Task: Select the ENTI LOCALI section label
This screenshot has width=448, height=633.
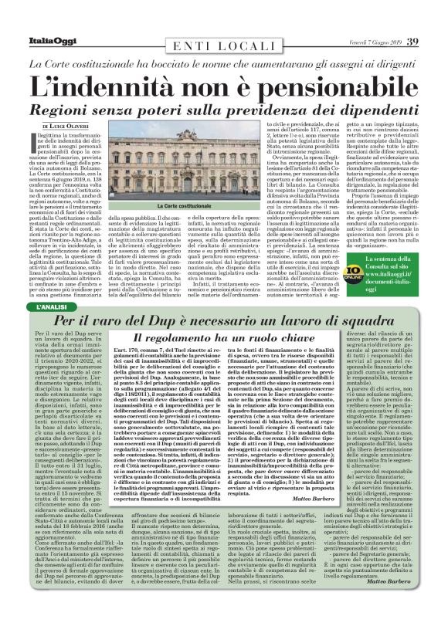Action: click(224, 46)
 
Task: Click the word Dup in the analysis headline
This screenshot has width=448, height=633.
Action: click(178, 320)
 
